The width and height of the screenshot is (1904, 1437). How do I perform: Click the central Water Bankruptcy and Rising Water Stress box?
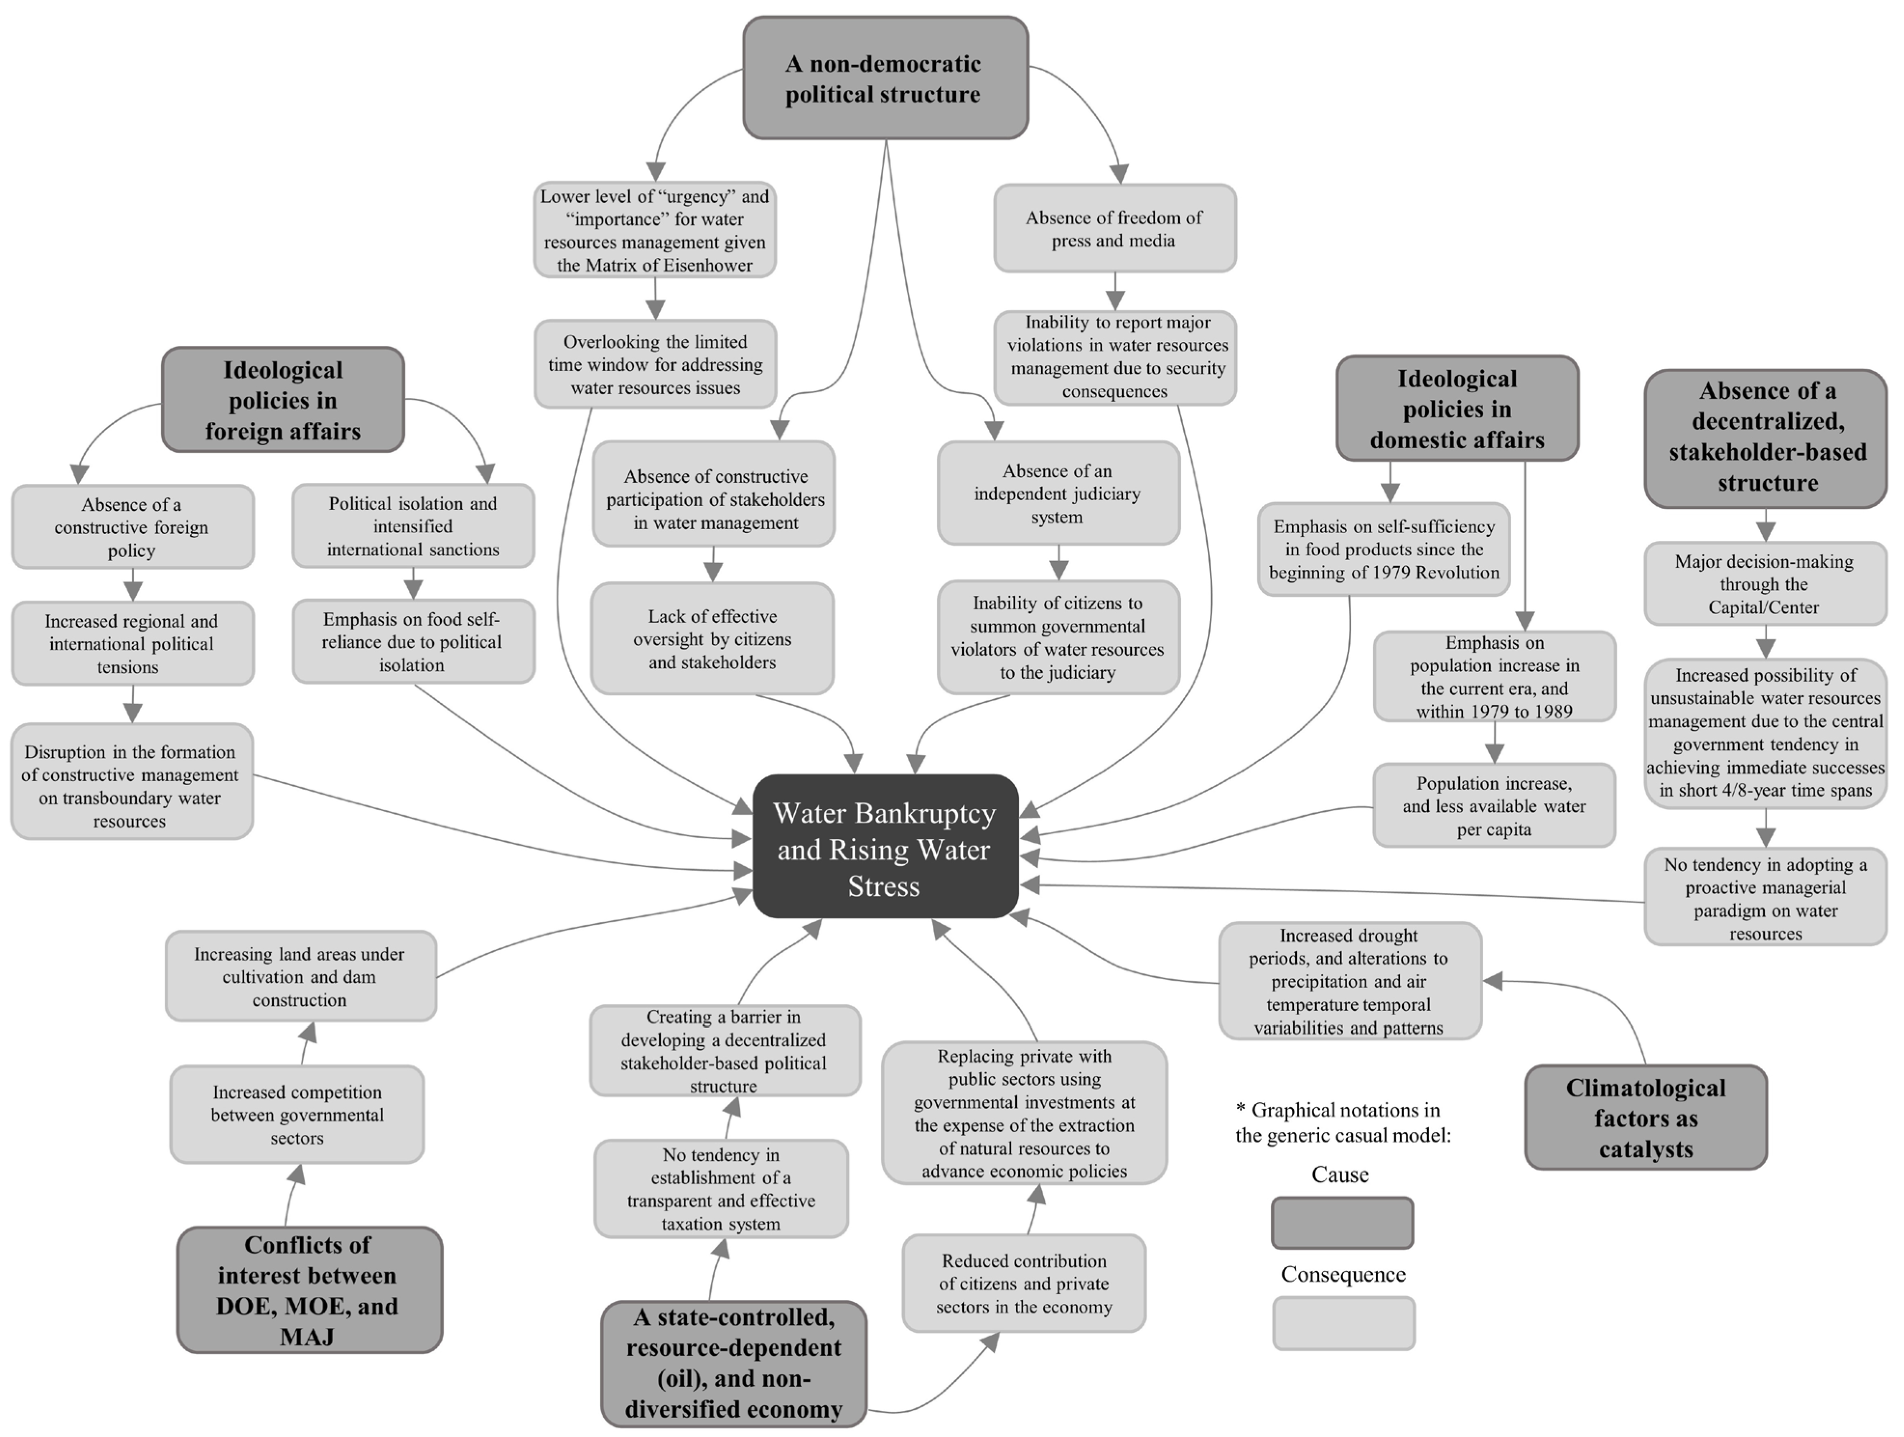[885, 847]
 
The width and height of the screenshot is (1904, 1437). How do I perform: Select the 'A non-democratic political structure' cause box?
[885, 78]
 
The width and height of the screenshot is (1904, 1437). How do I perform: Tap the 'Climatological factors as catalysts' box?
[1645, 1117]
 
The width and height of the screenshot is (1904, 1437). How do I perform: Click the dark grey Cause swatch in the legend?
[1341, 1223]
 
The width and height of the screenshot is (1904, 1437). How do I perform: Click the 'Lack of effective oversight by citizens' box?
[712, 639]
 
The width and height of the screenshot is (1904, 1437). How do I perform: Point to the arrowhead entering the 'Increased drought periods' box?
[1493, 981]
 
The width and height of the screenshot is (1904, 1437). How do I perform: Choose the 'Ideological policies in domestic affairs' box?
[1457, 409]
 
